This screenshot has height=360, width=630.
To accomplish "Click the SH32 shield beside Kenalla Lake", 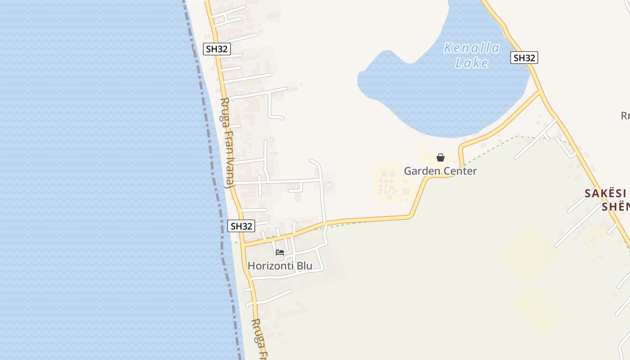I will [x=524, y=58].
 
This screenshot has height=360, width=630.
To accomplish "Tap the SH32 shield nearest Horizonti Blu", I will [x=241, y=226].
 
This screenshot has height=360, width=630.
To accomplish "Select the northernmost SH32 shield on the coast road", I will [x=217, y=49].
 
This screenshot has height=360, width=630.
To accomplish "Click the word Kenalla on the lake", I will [x=472, y=48].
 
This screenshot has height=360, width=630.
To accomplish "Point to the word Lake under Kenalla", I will [x=472, y=63].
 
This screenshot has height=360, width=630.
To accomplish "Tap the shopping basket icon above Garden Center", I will [x=441, y=157].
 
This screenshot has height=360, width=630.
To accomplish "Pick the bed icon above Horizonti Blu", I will [x=280, y=252].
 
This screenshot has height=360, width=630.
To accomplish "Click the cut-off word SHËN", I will [x=615, y=207].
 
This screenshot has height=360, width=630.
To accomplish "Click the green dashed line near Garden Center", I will [x=490, y=148].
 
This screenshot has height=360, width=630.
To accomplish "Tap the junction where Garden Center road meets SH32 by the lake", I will [x=540, y=93].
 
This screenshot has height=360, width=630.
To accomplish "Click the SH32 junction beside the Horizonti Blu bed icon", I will [x=244, y=245].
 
